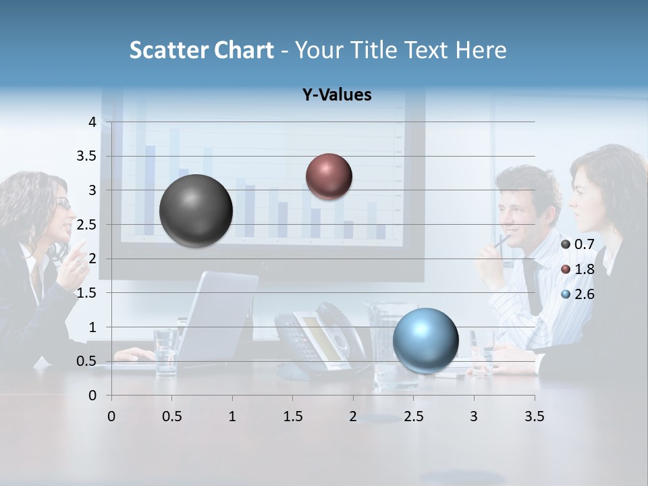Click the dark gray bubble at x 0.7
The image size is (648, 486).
pyautogui.click(x=196, y=211)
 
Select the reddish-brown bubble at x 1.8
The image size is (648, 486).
pyautogui.click(x=329, y=176)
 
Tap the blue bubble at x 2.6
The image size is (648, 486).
pyautogui.click(x=425, y=340)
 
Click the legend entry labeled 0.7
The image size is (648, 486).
pyautogui.click(x=578, y=244)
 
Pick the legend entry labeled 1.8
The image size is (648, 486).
pyautogui.click(x=578, y=269)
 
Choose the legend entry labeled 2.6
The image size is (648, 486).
pyautogui.click(x=578, y=294)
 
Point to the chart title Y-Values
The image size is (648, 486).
pyautogui.click(x=337, y=95)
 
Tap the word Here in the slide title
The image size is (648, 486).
pyautogui.click(x=481, y=50)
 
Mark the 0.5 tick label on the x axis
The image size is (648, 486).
pyautogui.click(x=172, y=416)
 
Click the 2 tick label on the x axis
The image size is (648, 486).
pyautogui.click(x=353, y=416)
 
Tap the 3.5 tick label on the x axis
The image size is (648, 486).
pyautogui.click(x=534, y=416)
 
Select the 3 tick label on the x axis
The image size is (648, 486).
pyautogui.click(x=474, y=416)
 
